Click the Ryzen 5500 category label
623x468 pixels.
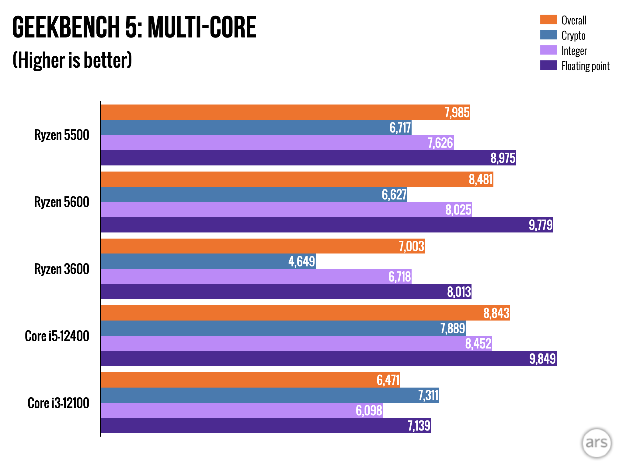pos(62,135)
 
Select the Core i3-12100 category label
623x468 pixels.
pos(58,403)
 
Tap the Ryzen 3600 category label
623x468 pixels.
pos(62,269)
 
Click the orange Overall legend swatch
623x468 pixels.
pos(548,19)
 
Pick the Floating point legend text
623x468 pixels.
pos(585,66)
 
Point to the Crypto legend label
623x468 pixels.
pos(573,35)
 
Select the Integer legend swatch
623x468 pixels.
pos(548,50)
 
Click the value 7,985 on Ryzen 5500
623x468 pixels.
pos(457,112)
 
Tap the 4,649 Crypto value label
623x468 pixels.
pos(301,261)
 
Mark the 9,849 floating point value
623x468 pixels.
pos(542,359)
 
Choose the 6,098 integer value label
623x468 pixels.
pos(369,410)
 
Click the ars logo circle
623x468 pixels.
pos(596,443)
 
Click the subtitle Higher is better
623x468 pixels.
pos(72,60)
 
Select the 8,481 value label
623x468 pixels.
pos(480,179)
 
